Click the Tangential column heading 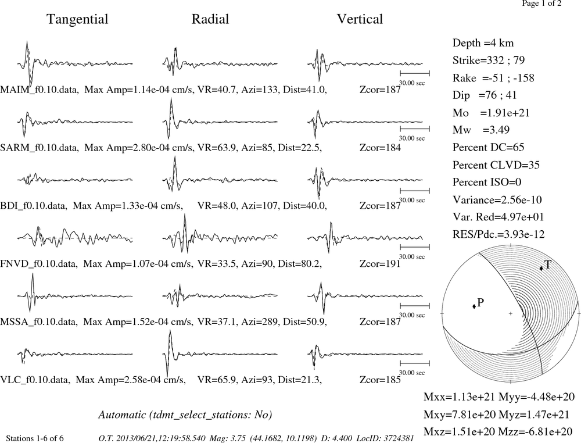tap(77, 19)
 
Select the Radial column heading tap(210, 19)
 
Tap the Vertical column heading tap(360, 19)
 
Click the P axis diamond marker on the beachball tap(474, 306)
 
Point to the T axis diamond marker tap(541, 268)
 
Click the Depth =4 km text tap(483, 43)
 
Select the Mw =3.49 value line tap(480, 130)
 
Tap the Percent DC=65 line tap(489, 147)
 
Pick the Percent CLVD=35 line tap(496, 165)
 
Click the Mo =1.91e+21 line tap(491, 113)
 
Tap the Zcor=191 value tap(380, 263)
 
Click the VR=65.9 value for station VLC tap(217, 380)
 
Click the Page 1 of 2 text tap(541, 3)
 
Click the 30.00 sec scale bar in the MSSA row tap(415, 306)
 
